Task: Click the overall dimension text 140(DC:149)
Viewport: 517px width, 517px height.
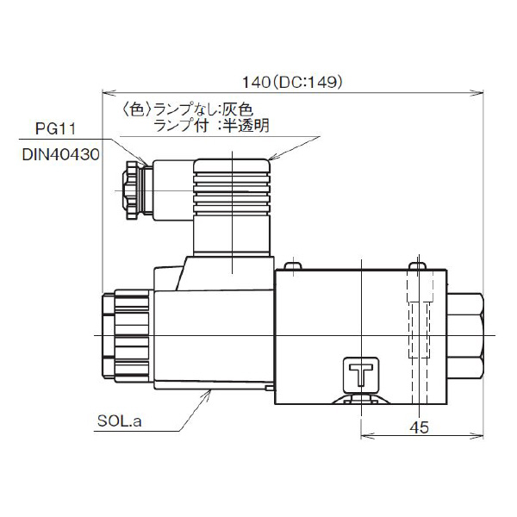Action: click(294, 83)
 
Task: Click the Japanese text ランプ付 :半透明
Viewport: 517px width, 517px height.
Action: click(211, 126)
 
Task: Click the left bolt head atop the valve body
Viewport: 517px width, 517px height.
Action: click(294, 265)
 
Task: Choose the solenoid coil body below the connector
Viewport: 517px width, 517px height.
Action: click(211, 336)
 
